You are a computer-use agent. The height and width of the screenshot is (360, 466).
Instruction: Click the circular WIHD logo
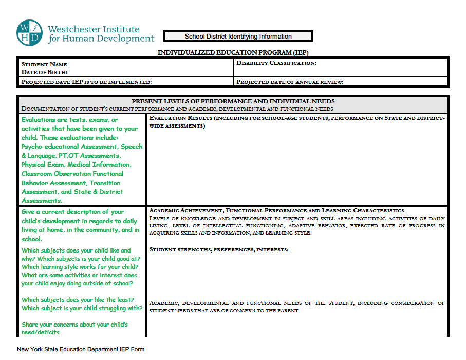coord(29,33)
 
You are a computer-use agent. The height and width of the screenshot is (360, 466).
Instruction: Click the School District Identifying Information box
coord(238,37)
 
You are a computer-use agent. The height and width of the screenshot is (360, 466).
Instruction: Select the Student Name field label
coord(45,65)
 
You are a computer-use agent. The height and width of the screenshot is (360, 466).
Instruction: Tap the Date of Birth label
coord(44,72)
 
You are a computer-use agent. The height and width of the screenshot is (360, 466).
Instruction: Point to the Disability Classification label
coord(276,63)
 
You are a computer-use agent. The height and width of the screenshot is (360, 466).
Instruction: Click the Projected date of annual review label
coord(290,82)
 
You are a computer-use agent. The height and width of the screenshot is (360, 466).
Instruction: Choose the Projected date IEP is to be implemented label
coord(86,82)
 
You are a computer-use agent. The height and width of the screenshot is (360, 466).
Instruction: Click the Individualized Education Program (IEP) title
coord(233,52)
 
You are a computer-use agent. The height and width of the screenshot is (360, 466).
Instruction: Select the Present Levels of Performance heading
coord(233,101)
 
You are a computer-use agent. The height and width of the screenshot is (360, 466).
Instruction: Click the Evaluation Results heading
coord(180,118)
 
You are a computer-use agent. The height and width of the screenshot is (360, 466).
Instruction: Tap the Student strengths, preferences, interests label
coord(219,249)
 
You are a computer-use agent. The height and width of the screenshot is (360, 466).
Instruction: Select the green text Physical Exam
coord(43,165)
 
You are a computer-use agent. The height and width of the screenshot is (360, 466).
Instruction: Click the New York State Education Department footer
coord(81,350)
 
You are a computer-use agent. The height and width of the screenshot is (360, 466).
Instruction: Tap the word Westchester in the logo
coord(73,29)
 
